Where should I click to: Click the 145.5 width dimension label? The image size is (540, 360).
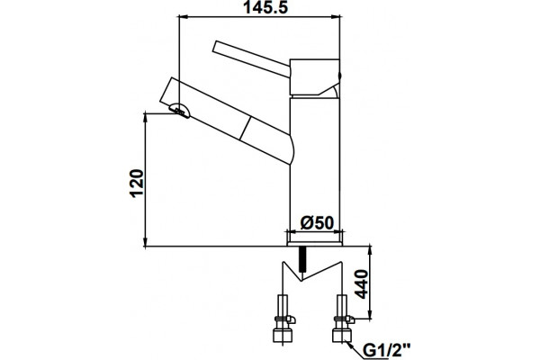tap(265, 7)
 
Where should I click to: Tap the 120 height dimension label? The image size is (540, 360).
tap(137, 183)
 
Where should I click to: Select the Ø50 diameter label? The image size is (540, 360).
tap(317, 223)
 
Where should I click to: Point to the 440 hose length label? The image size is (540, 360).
tap(361, 284)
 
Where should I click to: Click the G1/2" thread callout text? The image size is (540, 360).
tap(387, 351)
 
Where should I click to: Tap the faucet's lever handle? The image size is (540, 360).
tap(251, 58)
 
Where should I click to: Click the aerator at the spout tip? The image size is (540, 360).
tap(179, 110)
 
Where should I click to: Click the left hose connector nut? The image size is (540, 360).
tap(283, 335)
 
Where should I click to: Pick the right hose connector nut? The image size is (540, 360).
tap(342, 335)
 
